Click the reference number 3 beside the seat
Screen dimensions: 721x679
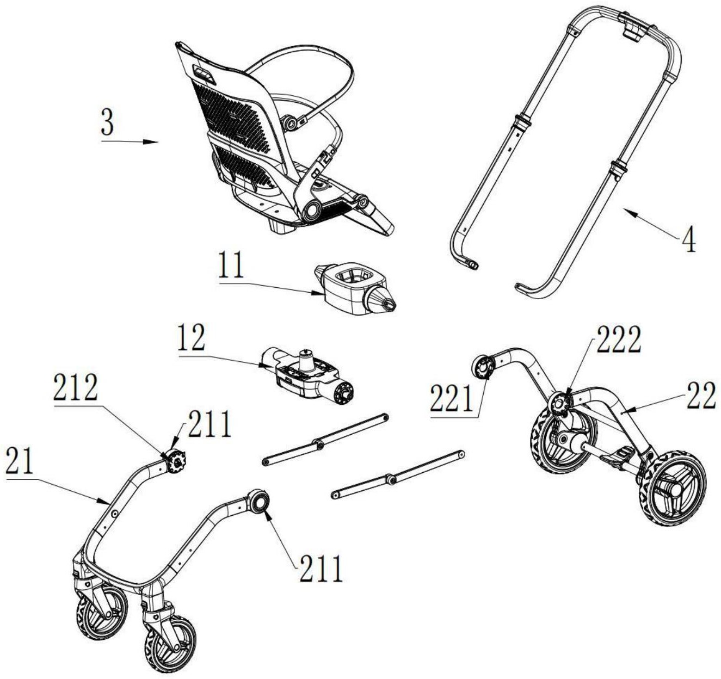[x=107, y=123]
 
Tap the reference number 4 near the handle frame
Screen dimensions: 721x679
[x=689, y=240]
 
